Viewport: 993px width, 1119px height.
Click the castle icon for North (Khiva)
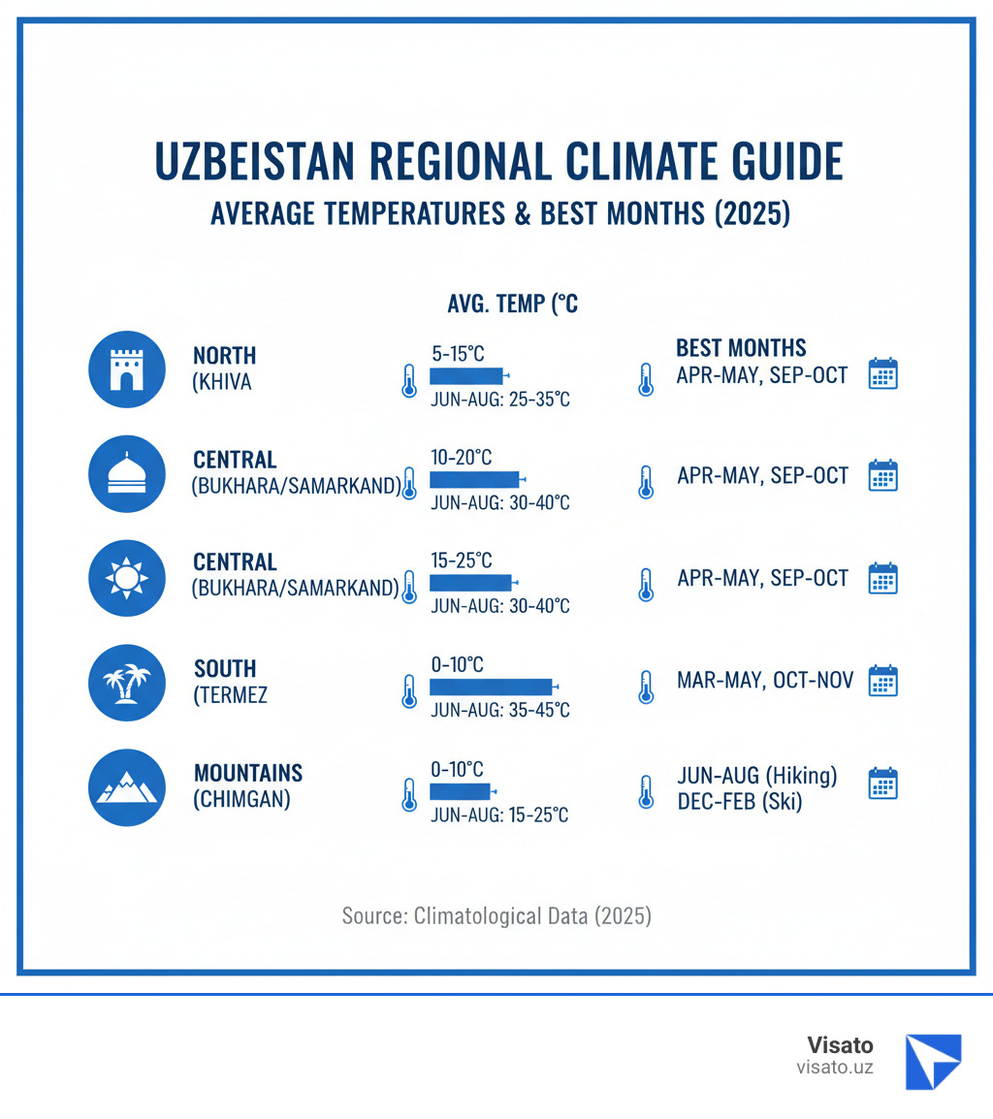(126, 368)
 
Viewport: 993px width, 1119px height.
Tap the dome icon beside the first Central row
(126, 473)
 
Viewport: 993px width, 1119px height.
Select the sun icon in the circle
(126, 578)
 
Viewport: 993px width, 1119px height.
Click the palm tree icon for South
(126, 683)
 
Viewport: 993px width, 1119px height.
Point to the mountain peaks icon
(126, 787)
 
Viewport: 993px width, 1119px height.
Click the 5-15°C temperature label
(457, 354)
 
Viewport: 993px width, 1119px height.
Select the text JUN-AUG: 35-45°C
(499, 710)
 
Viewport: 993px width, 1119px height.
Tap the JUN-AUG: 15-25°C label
(499, 815)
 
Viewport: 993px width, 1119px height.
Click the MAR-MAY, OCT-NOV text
(765, 681)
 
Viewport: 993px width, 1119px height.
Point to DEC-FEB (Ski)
(740, 802)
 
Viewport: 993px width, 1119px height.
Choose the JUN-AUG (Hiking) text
(757, 777)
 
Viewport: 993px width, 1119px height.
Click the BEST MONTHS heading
(741, 348)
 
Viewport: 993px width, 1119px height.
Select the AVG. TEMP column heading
(512, 304)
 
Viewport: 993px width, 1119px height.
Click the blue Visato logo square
(933, 1061)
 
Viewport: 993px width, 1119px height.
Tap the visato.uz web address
(835, 1068)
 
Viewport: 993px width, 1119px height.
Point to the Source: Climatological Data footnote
(496, 915)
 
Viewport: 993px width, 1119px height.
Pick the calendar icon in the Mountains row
(882, 783)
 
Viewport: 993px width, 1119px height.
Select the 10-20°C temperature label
(461, 457)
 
